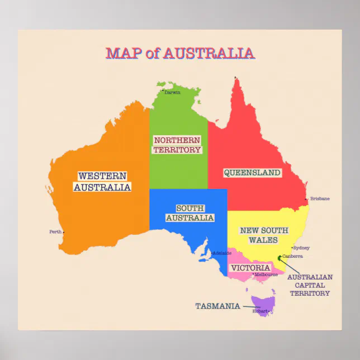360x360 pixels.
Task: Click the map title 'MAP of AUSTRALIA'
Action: click(x=180, y=54)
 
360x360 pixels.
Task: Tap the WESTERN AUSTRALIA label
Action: click(x=102, y=182)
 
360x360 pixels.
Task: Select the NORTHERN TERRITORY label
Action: click(x=177, y=145)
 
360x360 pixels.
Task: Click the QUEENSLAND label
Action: click(x=252, y=173)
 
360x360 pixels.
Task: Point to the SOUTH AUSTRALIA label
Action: click(x=190, y=213)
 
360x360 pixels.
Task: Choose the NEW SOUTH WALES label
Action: click(x=264, y=235)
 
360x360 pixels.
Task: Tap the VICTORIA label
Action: click(x=251, y=268)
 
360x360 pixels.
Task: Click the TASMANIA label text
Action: click(x=217, y=306)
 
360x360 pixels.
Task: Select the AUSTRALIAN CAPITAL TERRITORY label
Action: click(x=309, y=285)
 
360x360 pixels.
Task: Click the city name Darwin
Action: click(x=172, y=92)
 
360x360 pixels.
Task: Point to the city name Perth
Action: click(x=55, y=231)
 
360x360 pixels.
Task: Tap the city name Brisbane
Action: click(x=320, y=198)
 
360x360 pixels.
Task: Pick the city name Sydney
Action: click(x=301, y=248)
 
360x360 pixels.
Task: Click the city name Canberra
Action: click(x=293, y=256)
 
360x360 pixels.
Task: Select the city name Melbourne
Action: click(x=266, y=274)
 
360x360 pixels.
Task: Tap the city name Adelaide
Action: click(x=221, y=253)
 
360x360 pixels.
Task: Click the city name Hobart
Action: click(x=260, y=311)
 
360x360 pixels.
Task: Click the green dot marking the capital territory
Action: click(x=280, y=258)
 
